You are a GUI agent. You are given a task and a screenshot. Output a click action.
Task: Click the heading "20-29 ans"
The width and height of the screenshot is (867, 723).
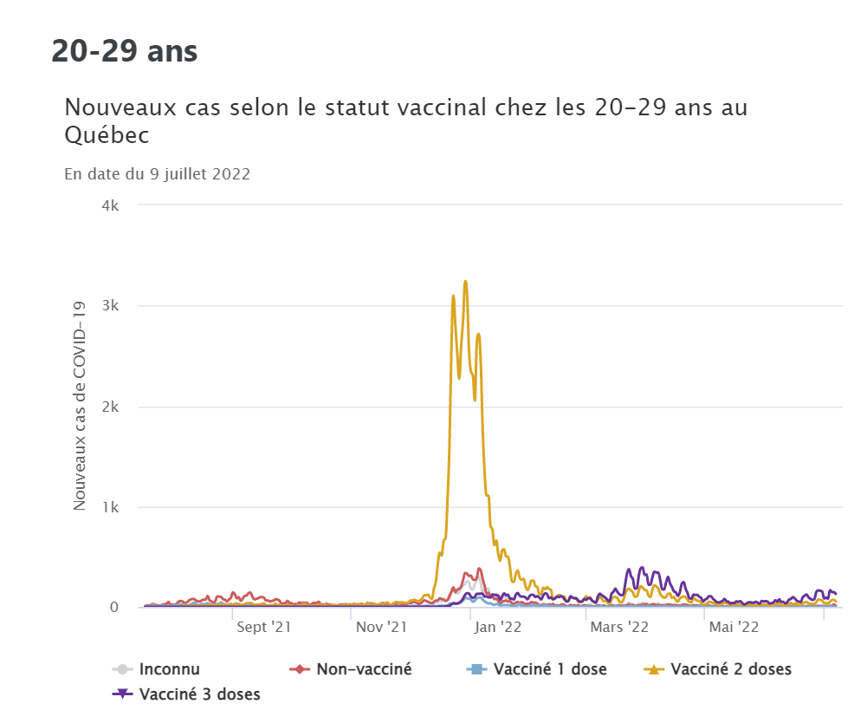coord(125,51)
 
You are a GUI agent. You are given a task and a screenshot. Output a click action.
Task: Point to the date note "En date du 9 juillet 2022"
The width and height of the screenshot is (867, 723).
coord(158,173)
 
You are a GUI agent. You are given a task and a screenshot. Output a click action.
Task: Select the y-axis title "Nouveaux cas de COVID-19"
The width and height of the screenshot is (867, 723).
coord(80,406)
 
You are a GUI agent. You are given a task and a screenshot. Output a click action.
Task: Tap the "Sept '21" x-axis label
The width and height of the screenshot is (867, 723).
coord(263,625)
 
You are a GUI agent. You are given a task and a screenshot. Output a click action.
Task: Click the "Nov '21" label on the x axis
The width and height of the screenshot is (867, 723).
coord(381,625)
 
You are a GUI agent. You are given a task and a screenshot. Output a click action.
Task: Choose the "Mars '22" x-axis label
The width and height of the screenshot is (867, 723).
coord(618,625)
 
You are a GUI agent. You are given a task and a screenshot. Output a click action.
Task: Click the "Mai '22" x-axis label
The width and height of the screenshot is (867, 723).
coord(734,625)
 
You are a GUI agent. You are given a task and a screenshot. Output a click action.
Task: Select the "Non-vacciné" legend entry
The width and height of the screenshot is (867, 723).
coord(364,669)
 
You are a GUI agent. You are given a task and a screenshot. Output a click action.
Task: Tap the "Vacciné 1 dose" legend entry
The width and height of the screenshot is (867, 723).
coord(550,669)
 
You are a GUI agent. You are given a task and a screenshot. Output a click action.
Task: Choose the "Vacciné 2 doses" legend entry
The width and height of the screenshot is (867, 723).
coord(731,669)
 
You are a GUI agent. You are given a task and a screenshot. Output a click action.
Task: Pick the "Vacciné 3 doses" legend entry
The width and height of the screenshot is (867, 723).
coord(199,694)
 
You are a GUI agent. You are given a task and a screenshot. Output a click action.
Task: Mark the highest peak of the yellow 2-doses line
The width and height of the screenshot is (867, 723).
coord(465,281)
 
